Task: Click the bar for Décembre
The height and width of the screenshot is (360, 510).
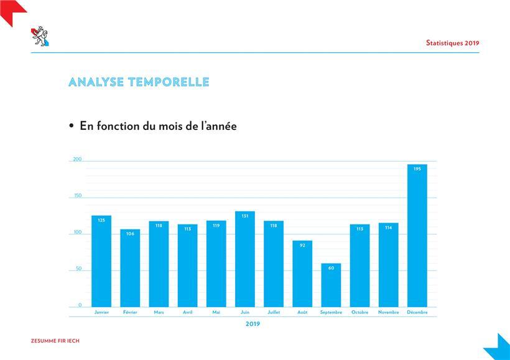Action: [x=417, y=236]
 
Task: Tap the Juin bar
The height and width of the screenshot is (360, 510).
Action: [x=245, y=259]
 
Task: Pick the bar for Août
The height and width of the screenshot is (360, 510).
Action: [x=302, y=274]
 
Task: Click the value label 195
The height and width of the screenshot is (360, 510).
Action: [x=417, y=168]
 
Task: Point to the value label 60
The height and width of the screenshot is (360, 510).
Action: [x=331, y=268]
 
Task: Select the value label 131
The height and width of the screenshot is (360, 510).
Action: [x=245, y=216]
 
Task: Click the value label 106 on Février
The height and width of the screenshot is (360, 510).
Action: [x=130, y=234]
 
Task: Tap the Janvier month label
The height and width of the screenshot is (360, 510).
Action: [x=101, y=312]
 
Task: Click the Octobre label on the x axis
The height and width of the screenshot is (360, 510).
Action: [x=359, y=312]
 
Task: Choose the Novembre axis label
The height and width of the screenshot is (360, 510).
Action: [x=388, y=312]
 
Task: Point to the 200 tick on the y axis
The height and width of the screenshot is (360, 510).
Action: [x=77, y=159]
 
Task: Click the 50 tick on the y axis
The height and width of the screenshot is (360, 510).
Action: [x=78, y=269]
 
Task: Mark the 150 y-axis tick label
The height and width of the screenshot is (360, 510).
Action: [x=78, y=195]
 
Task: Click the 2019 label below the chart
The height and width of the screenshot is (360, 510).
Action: [x=253, y=324]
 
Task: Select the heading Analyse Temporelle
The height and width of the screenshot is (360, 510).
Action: [x=139, y=82]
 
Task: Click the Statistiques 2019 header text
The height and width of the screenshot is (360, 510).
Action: [x=452, y=43]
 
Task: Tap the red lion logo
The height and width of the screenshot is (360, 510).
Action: [x=40, y=36]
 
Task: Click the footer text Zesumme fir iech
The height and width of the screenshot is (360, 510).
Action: [x=55, y=341]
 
